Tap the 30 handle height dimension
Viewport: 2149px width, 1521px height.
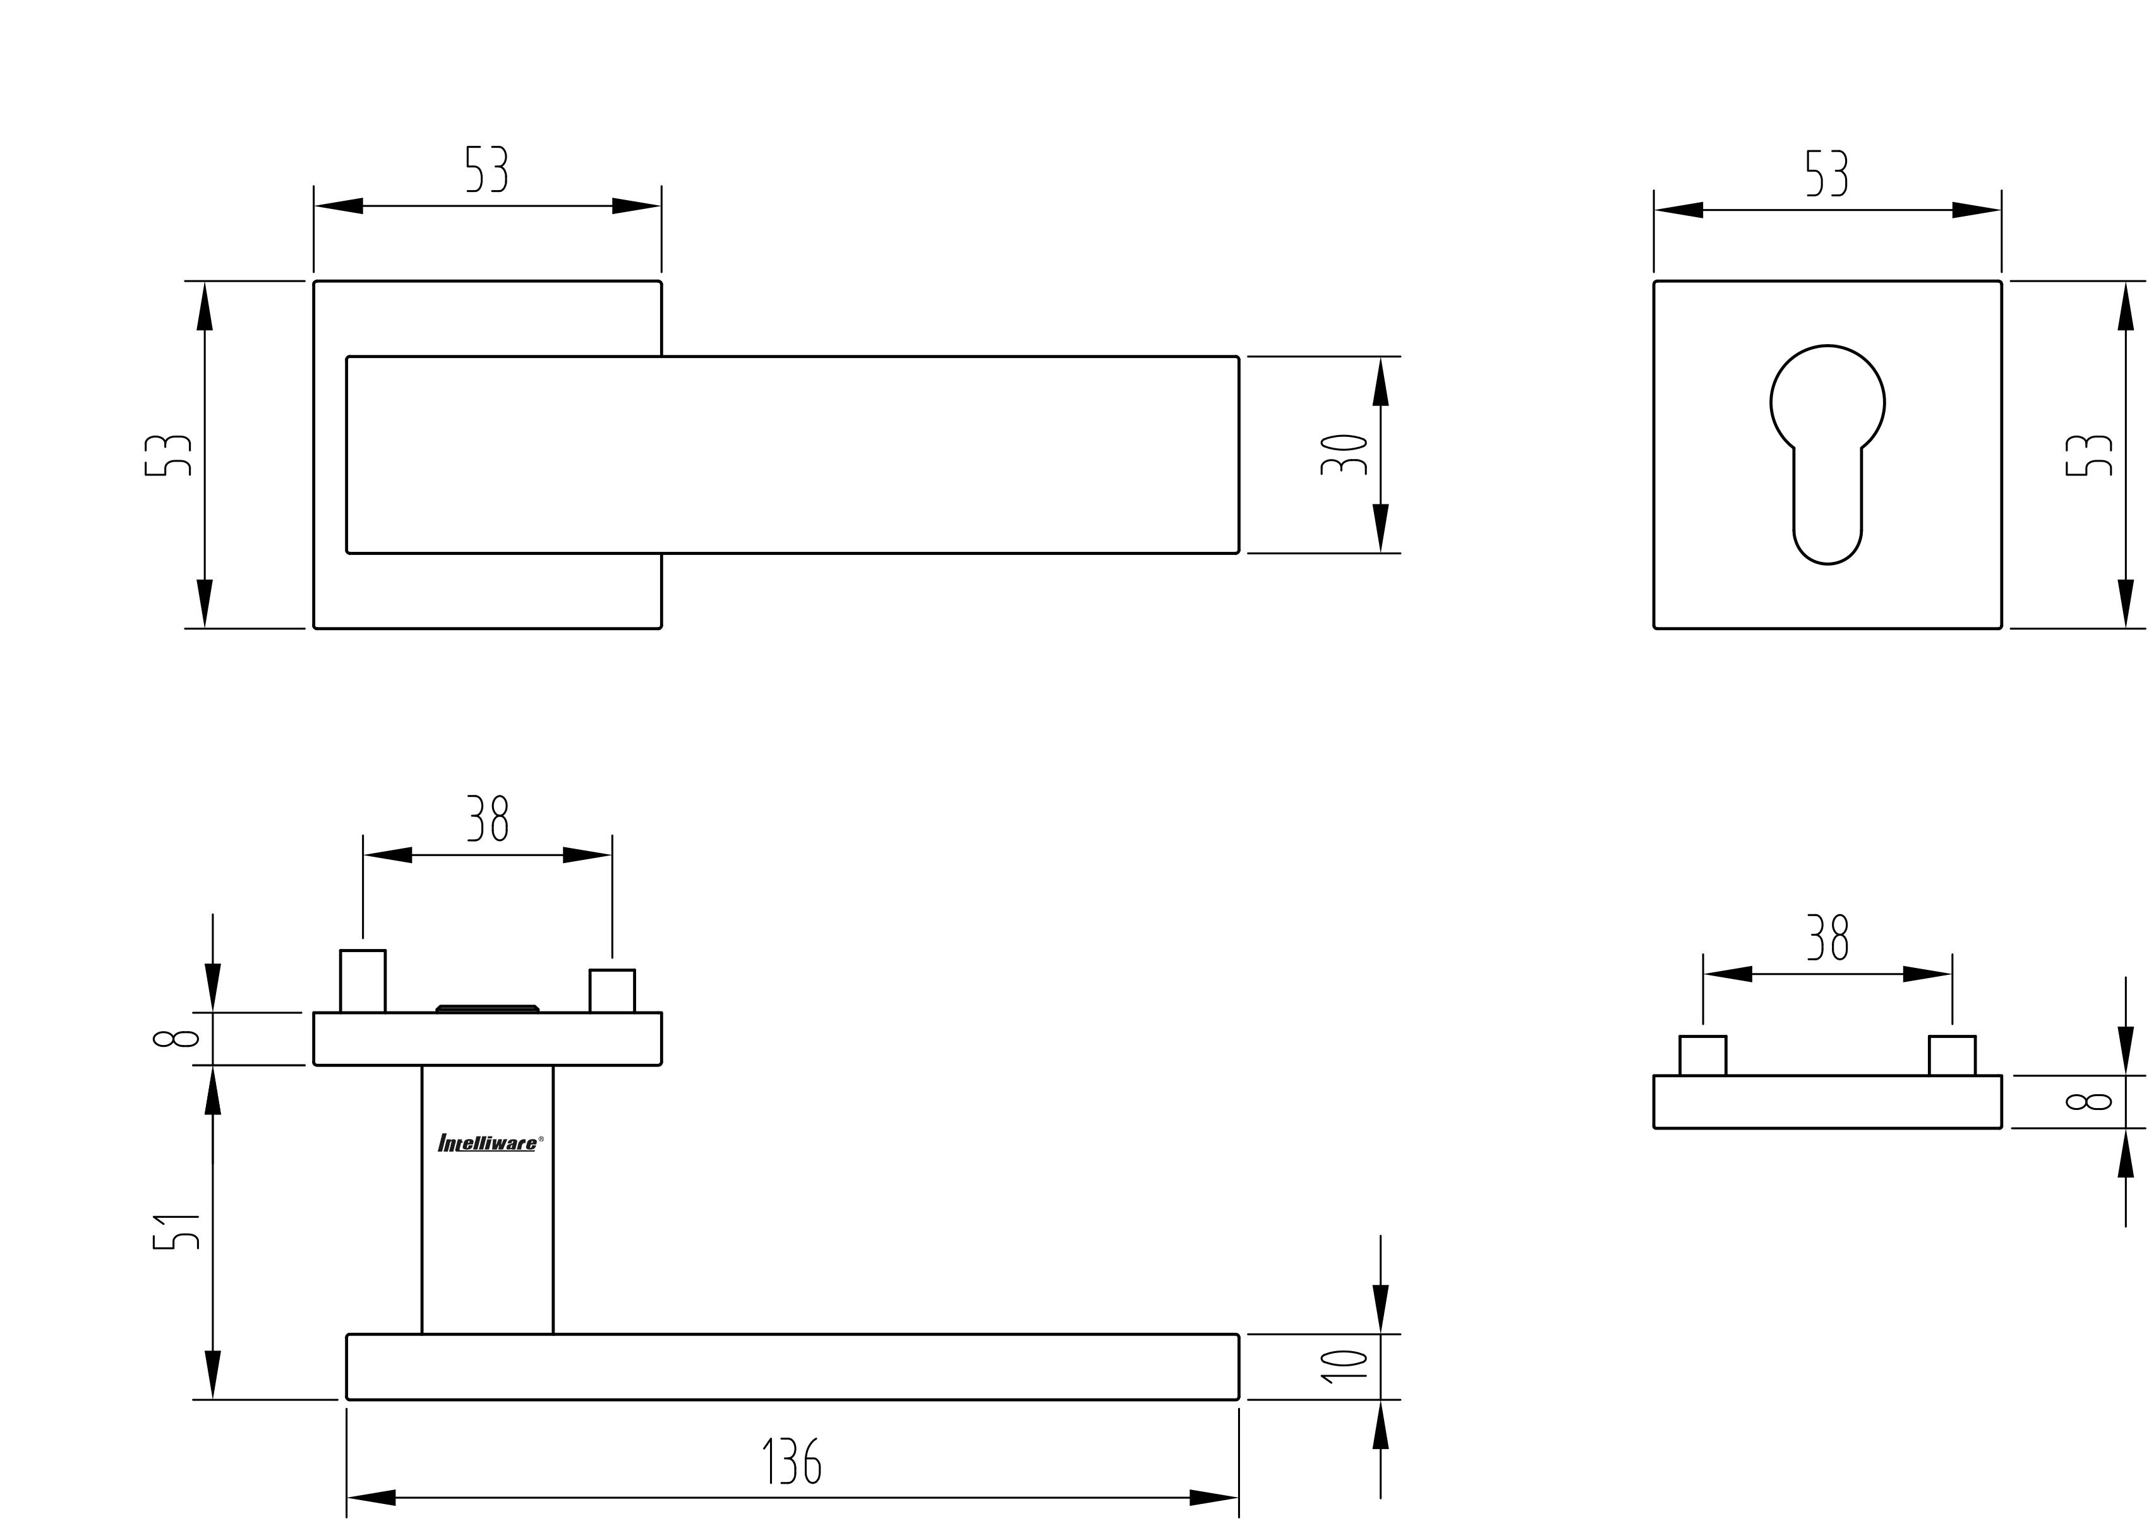point(1344,454)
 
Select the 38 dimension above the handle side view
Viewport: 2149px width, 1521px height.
point(487,818)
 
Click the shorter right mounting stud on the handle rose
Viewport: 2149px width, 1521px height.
point(611,991)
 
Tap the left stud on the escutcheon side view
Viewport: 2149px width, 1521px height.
point(1702,1056)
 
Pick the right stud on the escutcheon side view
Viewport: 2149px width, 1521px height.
point(1953,1056)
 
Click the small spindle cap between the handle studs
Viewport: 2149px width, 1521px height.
point(487,1009)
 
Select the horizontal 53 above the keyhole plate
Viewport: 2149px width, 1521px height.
point(1827,173)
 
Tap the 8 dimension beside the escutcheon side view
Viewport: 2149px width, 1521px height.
point(2088,1102)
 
